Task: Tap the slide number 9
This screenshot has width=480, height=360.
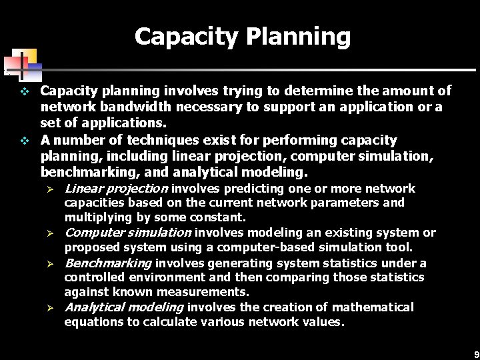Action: [475, 354]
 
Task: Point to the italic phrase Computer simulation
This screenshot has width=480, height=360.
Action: [128, 233]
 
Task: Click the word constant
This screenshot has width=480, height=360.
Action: [222, 217]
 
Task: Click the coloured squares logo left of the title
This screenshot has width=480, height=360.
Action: [21, 64]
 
